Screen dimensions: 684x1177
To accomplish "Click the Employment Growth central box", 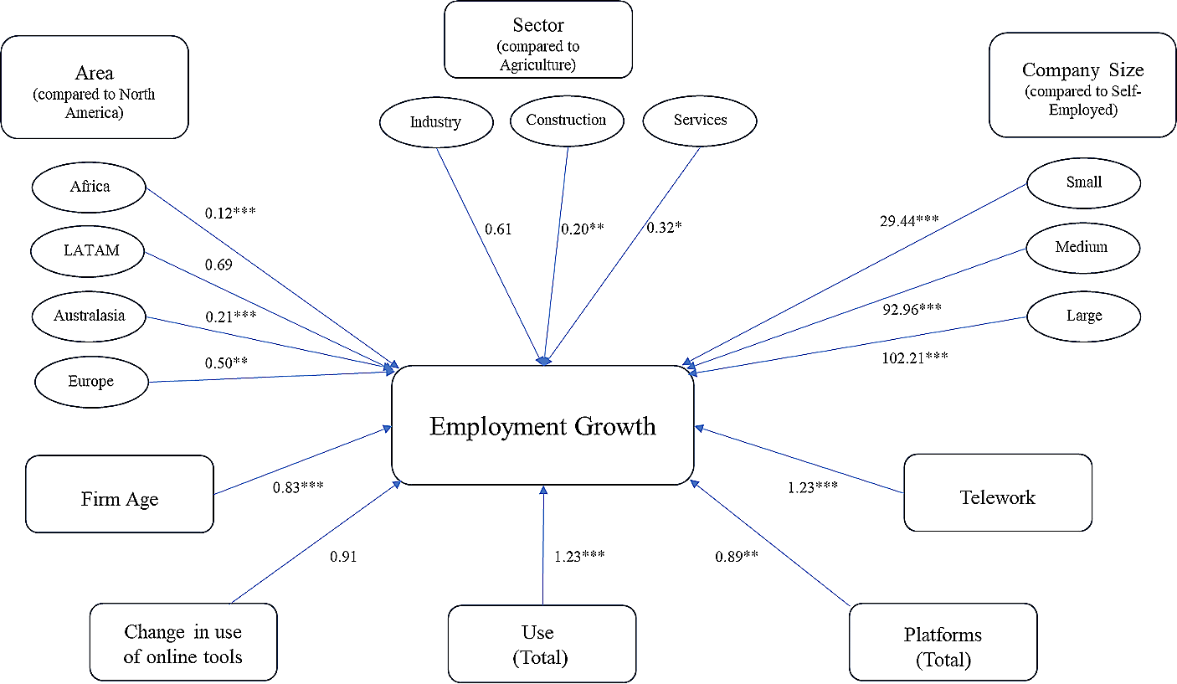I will click(x=542, y=425).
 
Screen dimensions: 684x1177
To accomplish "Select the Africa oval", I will click(x=89, y=186).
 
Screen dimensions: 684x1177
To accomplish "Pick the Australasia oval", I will click(x=89, y=316).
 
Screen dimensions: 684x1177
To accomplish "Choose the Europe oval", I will click(x=91, y=381).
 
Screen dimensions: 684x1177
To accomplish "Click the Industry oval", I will click(x=435, y=122).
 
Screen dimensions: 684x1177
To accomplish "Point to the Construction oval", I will click(x=567, y=120).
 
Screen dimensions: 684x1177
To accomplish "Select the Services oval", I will click(x=700, y=120).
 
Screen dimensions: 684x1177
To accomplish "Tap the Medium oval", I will click(x=1082, y=247).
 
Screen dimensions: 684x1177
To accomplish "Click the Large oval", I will click(x=1084, y=316).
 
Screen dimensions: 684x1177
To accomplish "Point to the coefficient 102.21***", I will click(x=914, y=357).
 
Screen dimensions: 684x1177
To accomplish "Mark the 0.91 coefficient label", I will click(x=343, y=556).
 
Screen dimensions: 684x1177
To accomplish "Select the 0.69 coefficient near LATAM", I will click(x=218, y=265).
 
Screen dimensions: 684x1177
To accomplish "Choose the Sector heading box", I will click(x=538, y=39).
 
